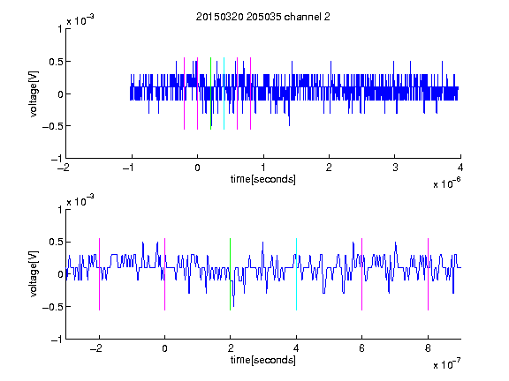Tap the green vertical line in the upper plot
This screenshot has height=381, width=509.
pos(210,93)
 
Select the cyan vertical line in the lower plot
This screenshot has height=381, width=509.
pos(296,274)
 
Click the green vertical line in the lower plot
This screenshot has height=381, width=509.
pos(230,274)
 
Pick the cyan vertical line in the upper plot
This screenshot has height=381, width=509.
pos(224,93)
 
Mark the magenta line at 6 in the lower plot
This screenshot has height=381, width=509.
pos(362,274)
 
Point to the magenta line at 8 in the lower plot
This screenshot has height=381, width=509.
pos(429,274)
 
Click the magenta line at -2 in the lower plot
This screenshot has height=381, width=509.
pos(99,274)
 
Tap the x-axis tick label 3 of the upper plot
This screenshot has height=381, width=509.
pos(395,168)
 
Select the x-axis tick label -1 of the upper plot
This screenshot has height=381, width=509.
pos(129,168)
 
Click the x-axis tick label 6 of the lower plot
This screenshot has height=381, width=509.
pos(362,348)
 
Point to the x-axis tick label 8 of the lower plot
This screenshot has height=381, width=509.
pos(428,348)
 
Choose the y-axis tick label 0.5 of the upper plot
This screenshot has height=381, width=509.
pos(56,62)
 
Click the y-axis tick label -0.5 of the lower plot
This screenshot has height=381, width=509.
pos(53,307)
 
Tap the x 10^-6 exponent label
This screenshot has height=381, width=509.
pos(446,183)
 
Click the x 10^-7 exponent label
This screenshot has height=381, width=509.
pos(446,363)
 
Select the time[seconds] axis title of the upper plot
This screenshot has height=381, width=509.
pos(263,179)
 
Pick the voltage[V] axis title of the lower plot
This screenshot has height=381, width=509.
pos(34,274)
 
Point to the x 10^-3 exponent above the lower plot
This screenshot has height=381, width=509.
pos(80,200)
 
